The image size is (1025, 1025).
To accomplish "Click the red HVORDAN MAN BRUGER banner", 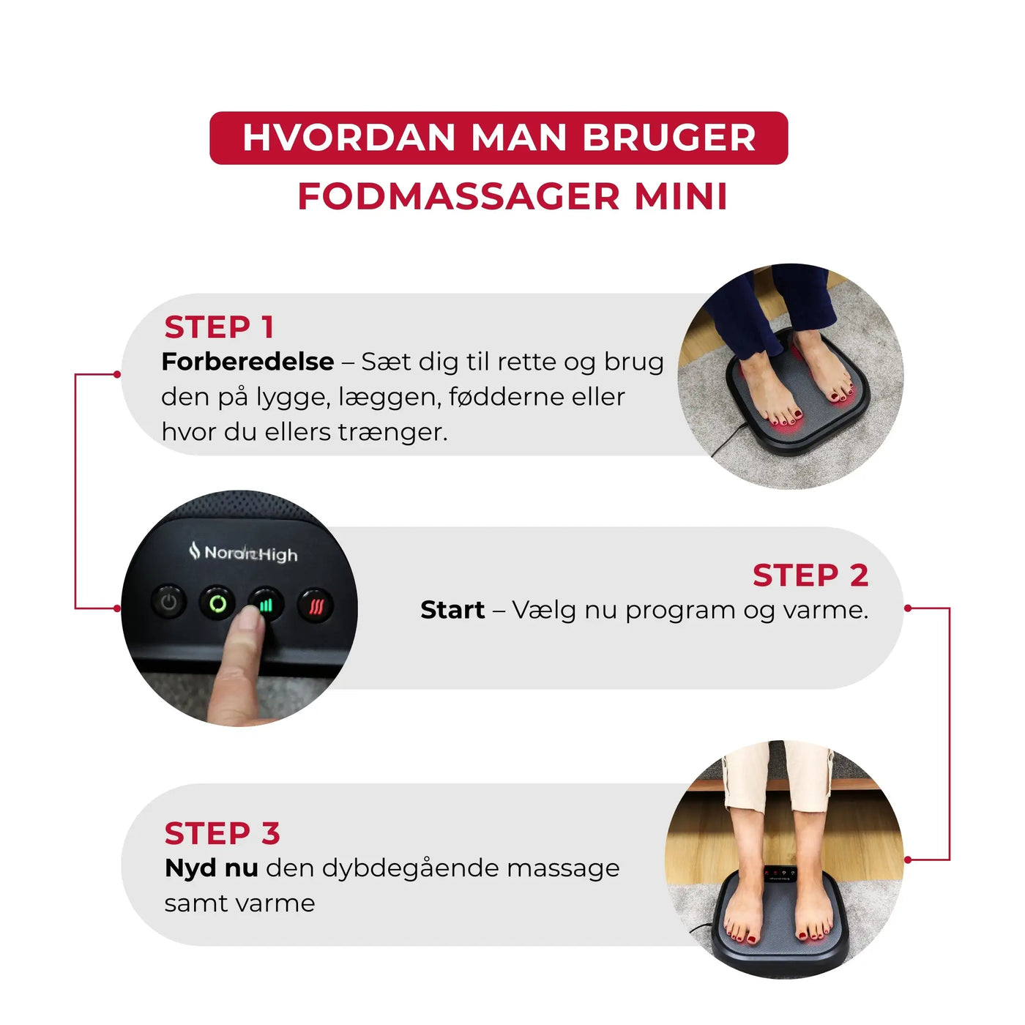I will click(499, 138).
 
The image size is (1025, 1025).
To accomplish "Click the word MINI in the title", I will click(681, 196).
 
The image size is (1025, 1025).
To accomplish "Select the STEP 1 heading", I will click(219, 327).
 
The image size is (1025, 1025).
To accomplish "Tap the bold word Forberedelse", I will click(247, 362).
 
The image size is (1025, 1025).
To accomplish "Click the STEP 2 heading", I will click(810, 575).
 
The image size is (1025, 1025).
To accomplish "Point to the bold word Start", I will click(452, 610).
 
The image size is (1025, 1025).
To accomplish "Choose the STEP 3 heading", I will click(222, 834).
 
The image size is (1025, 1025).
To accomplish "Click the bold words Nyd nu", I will click(211, 868).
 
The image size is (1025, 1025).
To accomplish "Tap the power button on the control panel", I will click(169, 603).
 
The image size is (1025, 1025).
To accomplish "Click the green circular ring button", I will click(217, 603).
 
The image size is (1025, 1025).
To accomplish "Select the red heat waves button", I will click(316, 606).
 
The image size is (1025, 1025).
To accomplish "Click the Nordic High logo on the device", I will click(244, 553).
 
